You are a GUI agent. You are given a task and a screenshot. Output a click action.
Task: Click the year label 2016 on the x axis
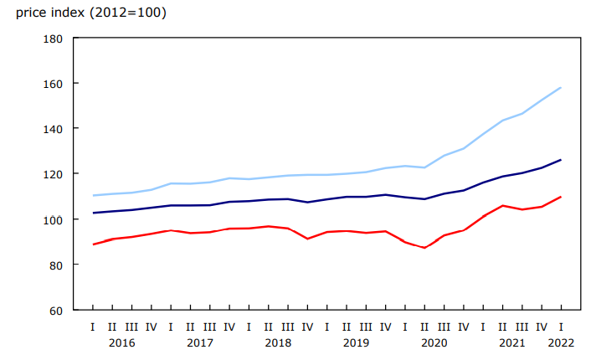(121, 342)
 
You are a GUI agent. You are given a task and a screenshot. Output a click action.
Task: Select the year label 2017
(199, 342)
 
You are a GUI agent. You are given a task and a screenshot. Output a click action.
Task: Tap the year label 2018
(277, 342)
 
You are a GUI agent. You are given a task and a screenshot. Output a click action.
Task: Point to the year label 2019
(356, 342)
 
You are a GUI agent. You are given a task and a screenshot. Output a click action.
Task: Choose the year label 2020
(434, 342)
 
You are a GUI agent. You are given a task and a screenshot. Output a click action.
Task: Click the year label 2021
(511, 342)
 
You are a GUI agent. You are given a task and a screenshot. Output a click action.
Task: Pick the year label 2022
(560, 342)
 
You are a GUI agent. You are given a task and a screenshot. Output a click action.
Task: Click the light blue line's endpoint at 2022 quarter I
(560, 88)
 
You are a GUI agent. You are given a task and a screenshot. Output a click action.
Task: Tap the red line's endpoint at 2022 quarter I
(560, 197)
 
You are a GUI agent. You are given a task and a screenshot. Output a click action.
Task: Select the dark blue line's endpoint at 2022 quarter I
(560, 160)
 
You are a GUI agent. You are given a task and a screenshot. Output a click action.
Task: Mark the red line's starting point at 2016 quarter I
(93, 244)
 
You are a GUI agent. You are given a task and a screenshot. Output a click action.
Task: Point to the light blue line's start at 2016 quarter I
(93, 195)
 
